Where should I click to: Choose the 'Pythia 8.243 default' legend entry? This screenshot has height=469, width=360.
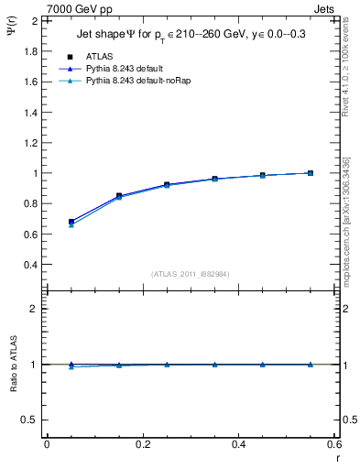point(135,69)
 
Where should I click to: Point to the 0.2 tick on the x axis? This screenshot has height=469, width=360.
point(142,443)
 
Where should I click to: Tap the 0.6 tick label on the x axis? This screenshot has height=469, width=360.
point(334,443)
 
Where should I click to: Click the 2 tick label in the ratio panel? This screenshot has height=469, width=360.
point(34,309)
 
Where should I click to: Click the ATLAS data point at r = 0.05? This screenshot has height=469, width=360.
point(71,222)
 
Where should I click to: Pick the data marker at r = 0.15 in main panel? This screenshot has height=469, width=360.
point(119,196)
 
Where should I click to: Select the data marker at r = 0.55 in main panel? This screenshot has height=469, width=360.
point(311,173)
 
